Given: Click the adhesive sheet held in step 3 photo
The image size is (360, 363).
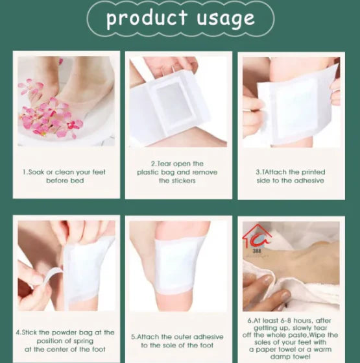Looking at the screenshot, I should coord(296,104).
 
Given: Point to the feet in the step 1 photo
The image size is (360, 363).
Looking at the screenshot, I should coord(84,84).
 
